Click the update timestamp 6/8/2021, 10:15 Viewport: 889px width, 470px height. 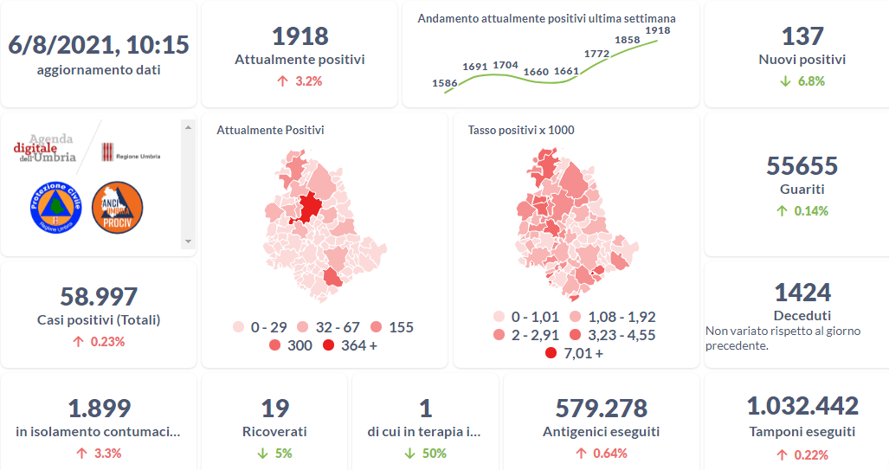pyautogui.click(x=99, y=44)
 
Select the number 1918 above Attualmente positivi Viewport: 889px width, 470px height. pyautogui.click(x=300, y=35)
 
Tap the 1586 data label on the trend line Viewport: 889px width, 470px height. pyautogui.click(x=444, y=83)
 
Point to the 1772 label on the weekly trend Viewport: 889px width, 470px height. pyautogui.click(x=596, y=54)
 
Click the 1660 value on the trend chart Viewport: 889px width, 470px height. pyautogui.click(x=537, y=71)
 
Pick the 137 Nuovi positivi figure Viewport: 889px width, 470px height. pyautogui.click(x=802, y=35)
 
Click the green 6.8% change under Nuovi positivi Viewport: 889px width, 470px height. pyautogui.click(x=802, y=81)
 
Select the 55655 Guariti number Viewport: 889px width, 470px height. pyautogui.click(x=802, y=164)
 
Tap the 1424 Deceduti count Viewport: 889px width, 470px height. pyautogui.click(x=802, y=292)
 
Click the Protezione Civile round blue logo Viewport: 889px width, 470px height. pyautogui.click(x=55, y=207)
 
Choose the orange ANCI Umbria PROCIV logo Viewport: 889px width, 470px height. pyautogui.click(x=117, y=208)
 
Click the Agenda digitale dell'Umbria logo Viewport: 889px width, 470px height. pyautogui.click(x=45, y=149)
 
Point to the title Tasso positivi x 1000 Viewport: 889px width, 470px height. pyautogui.click(x=521, y=130)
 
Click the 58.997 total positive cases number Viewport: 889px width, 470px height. pyautogui.click(x=99, y=296)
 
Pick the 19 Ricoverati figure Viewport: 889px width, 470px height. pyautogui.click(x=274, y=408)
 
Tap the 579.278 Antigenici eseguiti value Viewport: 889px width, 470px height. pyautogui.click(x=601, y=408)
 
